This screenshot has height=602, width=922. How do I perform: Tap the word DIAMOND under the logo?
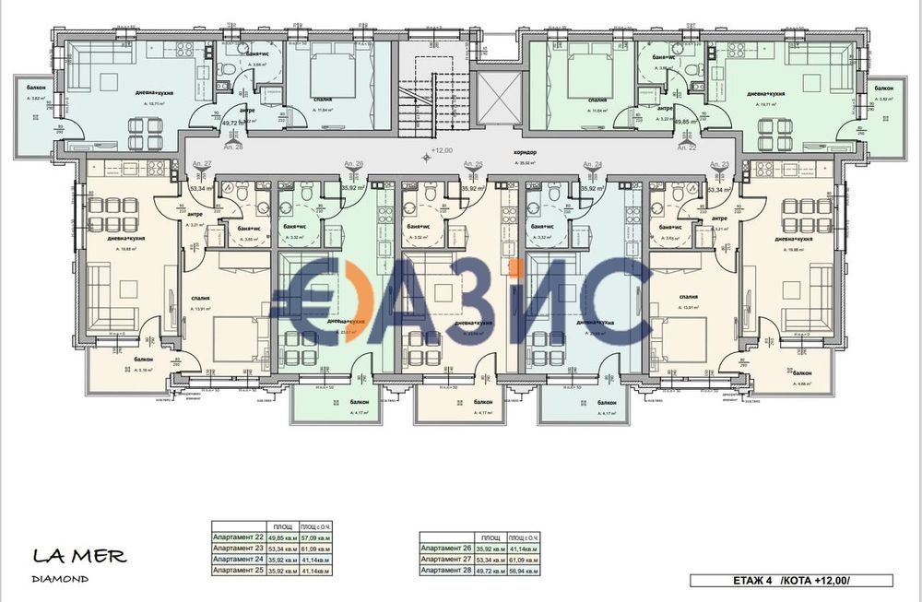click(x=60, y=579)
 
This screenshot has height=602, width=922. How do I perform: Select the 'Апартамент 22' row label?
click(x=237, y=538)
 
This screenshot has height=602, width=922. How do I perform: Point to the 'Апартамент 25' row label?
click(x=237, y=571)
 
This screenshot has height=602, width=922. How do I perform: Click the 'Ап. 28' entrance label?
click(x=233, y=147)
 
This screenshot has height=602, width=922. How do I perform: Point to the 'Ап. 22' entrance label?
click(x=686, y=147)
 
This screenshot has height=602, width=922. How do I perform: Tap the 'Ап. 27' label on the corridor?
click(x=202, y=163)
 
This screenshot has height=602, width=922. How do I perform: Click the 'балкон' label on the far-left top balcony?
click(x=38, y=88)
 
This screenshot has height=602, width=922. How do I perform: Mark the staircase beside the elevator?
click(x=420, y=92)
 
